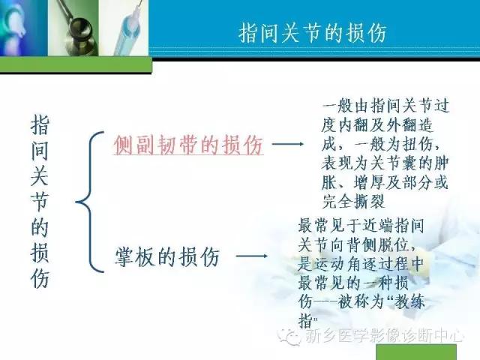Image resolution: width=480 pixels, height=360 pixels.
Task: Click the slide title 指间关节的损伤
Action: [x=314, y=33]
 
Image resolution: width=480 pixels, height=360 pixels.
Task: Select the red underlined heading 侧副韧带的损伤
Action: [x=188, y=145]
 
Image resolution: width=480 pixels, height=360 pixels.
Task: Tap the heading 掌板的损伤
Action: [x=166, y=257]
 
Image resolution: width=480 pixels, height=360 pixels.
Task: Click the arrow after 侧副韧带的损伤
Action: [x=287, y=144]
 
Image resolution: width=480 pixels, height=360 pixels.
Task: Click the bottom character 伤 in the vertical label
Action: [x=40, y=278]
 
